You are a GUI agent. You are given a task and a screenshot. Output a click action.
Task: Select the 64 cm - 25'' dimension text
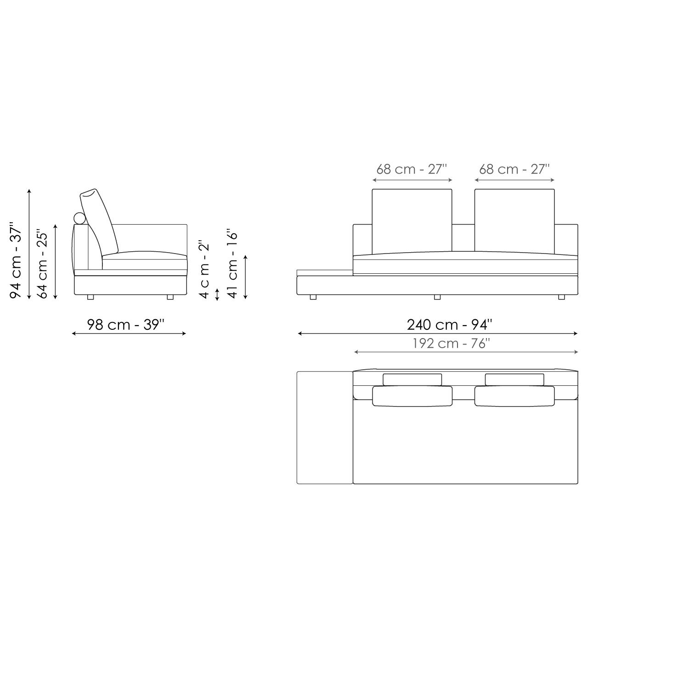pos(42,264)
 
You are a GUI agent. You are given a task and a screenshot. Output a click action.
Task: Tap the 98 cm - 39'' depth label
pos(125,325)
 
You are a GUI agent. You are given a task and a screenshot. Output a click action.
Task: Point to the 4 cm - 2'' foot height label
pos(204,269)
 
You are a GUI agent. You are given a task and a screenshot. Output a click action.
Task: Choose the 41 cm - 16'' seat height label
pos(232,264)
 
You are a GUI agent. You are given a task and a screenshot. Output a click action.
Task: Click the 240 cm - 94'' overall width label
pos(449,325)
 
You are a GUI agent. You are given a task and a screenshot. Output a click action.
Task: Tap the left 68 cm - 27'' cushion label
pos(412,169)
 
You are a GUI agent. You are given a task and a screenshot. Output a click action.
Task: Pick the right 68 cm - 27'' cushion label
pos(514,169)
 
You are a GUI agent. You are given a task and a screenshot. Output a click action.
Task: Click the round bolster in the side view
pos(79,218)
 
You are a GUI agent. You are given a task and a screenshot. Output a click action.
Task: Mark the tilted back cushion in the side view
pos(99,220)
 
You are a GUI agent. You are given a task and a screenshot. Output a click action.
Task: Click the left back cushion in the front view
pos(412,220)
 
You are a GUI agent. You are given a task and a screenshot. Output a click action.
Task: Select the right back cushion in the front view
pos(514,220)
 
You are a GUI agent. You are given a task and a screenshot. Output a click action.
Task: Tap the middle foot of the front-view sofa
pos(437,297)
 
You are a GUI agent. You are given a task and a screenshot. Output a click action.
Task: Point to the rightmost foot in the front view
pos(561,297)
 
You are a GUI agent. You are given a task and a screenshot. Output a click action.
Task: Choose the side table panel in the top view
pos(324,427)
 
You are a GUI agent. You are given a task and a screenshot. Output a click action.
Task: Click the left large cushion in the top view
pos(412,396)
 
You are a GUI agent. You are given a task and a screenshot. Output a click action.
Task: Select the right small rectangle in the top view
pos(514,379)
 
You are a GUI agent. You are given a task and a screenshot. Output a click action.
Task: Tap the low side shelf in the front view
pos(324,273)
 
